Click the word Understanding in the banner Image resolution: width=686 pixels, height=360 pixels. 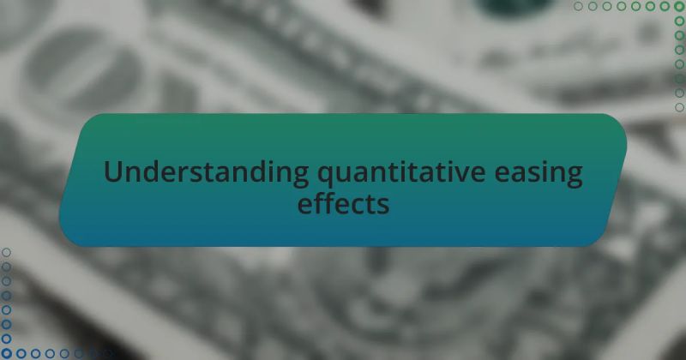click(207, 173)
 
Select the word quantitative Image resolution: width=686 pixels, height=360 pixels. click(415, 173)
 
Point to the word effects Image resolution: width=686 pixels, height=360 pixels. click(343, 206)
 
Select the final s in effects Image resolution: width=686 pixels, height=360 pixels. click(382, 207)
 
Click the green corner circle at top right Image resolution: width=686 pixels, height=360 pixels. click(679, 7)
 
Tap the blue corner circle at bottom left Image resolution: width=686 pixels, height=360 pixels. click(7, 352)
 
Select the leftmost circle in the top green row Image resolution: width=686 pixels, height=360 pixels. click(579, 7)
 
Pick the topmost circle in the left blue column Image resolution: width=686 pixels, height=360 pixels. click(7, 252)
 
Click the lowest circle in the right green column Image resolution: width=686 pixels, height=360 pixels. click(679, 107)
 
